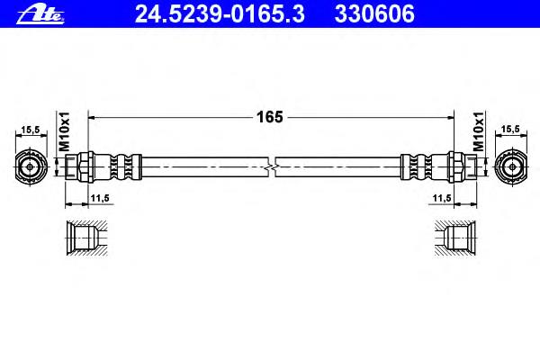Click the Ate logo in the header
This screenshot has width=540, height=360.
(40, 15)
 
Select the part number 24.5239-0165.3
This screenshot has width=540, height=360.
(220, 14)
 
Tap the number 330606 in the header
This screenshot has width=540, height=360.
(374, 14)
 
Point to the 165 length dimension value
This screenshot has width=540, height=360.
(270, 117)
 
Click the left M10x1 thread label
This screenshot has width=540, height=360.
(65, 131)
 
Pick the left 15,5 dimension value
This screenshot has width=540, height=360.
(31, 130)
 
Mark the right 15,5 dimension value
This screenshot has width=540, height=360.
(510, 130)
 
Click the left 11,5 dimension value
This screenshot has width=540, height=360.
(100, 198)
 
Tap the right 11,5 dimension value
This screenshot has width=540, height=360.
(442, 198)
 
